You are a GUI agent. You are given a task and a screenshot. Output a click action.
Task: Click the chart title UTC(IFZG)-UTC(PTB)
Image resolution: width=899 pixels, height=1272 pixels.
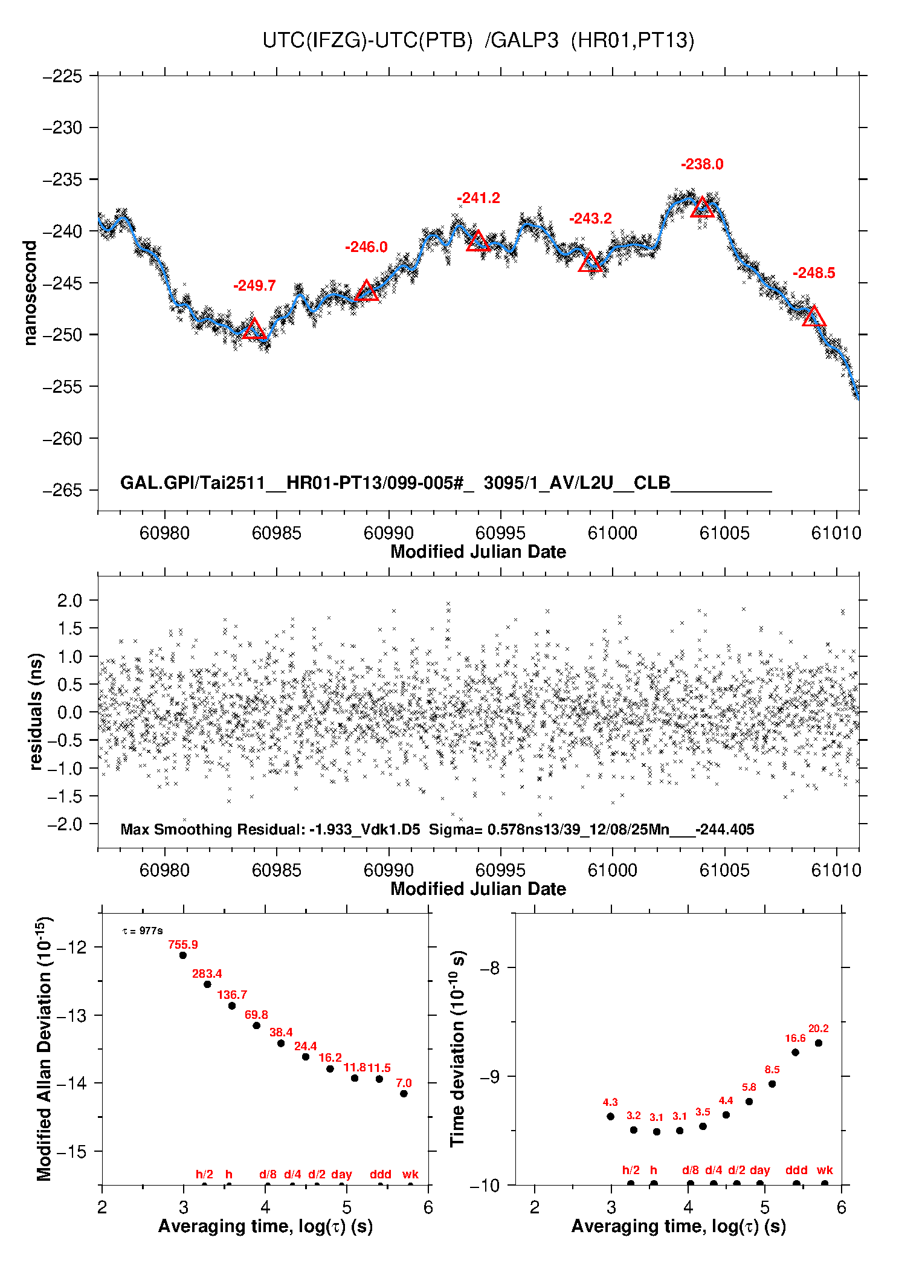coord(367,40)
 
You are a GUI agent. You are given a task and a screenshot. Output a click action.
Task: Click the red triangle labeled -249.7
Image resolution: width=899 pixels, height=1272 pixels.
coord(254,329)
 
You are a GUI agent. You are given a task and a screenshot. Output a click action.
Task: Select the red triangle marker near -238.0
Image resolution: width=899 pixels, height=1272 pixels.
coord(702,207)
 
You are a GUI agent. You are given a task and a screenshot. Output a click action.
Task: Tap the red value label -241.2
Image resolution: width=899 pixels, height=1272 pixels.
coord(478,198)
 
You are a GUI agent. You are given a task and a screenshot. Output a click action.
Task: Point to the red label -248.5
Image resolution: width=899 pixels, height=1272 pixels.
coord(814,273)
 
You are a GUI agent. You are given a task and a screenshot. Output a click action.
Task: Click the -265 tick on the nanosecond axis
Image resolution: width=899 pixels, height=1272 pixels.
coord(62,490)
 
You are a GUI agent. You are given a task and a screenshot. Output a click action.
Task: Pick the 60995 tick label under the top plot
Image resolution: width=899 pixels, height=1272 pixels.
coord(500,533)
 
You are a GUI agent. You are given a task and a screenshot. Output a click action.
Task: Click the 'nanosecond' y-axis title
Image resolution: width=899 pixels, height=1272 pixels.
coord(30,293)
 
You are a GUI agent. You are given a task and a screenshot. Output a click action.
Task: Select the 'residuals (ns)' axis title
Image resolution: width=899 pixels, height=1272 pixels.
coord(36,711)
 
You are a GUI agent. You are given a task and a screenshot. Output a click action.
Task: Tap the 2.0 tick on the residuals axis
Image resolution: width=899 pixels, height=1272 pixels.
coord(69,600)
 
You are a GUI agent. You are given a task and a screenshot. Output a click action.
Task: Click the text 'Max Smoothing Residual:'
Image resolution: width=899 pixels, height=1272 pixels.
coord(213,829)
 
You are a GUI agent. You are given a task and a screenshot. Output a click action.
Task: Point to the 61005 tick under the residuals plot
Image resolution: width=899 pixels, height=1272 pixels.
coord(724,870)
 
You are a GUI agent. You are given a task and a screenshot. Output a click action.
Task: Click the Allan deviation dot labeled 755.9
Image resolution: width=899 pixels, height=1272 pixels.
coord(183,955)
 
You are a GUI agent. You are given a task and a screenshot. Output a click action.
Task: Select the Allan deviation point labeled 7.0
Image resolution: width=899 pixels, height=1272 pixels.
coord(404,1093)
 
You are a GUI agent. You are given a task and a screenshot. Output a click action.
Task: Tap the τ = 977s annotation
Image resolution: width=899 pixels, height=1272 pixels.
coord(143,931)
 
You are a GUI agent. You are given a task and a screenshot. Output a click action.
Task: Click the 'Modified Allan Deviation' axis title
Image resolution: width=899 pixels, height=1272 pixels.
coord(44,1048)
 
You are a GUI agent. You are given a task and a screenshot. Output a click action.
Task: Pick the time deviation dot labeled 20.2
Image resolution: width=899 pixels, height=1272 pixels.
coord(818,1043)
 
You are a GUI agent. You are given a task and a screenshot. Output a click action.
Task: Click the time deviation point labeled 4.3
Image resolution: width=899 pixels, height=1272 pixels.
coord(610,1116)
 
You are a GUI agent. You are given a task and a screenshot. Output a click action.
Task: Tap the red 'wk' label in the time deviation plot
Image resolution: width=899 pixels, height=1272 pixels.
coord(825,1170)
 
